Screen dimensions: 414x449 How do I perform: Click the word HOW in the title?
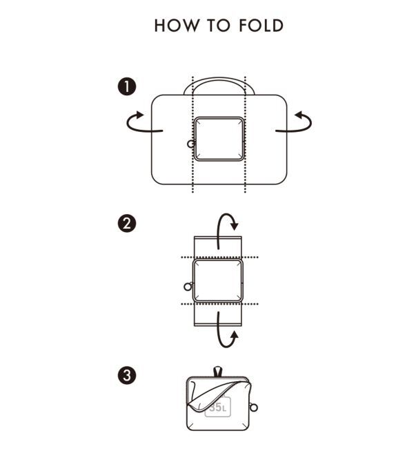[176, 26]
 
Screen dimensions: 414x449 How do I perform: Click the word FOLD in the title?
[261, 26]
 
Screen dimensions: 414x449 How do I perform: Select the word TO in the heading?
[219, 26]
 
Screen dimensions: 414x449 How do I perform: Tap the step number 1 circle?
[127, 86]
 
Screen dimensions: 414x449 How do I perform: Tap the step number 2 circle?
[127, 223]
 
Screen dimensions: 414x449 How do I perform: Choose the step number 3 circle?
[127, 375]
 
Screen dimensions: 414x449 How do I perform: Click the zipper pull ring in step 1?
[191, 144]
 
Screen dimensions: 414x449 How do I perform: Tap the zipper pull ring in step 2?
[188, 286]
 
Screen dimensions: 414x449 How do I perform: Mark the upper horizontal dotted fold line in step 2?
[219, 257]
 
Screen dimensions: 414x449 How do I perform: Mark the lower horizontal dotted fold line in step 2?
[219, 304]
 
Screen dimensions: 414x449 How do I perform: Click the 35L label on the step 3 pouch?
[218, 407]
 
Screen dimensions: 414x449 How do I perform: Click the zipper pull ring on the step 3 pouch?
[253, 407]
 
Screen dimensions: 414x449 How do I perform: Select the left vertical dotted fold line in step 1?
[193, 134]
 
